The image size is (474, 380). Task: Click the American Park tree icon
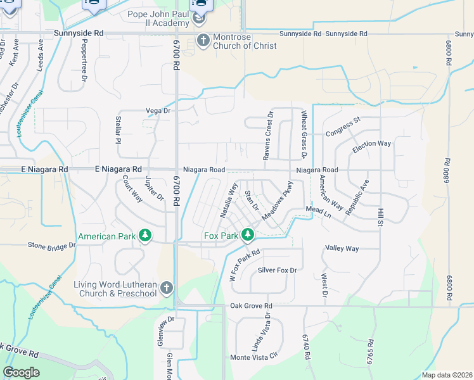(x=145, y=236)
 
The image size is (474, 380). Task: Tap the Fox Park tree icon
(x=247, y=236)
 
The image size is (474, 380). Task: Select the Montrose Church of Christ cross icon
(x=203, y=41)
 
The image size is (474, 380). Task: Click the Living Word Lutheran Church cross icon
(x=167, y=288)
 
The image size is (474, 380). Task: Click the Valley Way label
(x=342, y=248)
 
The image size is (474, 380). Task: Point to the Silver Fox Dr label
(x=277, y=270)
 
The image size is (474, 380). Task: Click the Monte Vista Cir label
(x=254, y=357)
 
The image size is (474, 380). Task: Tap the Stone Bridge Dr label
(x=52, y=245)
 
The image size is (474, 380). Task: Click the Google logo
(x=21, y=372)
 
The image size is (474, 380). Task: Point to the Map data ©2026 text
(x=446, y=375)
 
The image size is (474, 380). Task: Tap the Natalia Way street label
(x=229, y=201)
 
